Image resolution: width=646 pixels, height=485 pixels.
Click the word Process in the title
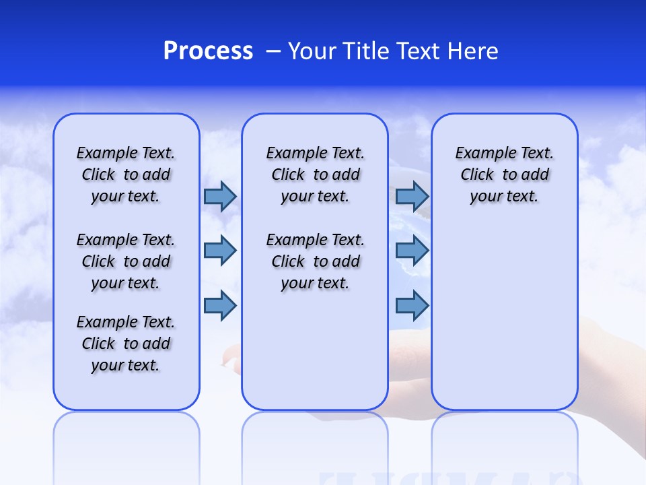click(208, 51)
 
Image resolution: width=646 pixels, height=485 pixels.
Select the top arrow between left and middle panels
click(220, 197)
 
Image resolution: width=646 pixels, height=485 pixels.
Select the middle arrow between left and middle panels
click(220, 251)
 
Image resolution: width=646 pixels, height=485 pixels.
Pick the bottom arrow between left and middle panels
click(220, 306)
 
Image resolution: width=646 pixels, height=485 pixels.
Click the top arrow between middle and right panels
click(412, 197)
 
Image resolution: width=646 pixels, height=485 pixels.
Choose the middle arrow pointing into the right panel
click(412, 251)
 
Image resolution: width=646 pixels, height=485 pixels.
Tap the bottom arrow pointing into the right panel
click(412, 306)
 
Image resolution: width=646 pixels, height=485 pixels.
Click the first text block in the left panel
click(126, 174)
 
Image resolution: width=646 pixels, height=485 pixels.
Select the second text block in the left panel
click(126, 261)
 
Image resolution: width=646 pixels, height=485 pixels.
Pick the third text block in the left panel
click(126, 344)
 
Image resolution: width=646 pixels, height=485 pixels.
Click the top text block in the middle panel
click(315, 174)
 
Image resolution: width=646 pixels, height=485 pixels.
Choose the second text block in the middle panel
click(315, 261)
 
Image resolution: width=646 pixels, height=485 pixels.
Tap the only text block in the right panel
click(504, 174)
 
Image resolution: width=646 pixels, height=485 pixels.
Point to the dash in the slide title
click(273, 51)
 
